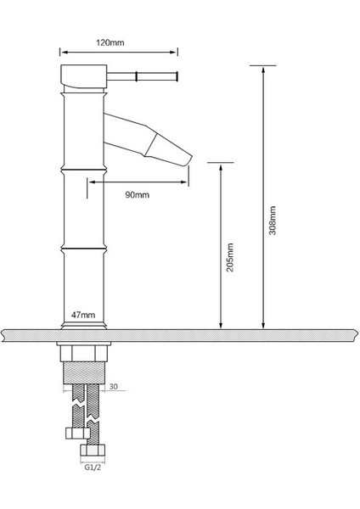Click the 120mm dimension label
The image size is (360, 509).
coord(110,42)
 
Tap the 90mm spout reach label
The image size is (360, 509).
coord(137,195)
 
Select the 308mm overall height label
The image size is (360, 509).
coord(273,220)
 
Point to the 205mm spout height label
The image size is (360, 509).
coord(230,258)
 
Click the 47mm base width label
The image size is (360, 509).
coord(83,315)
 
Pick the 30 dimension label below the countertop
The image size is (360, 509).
coord(114,386)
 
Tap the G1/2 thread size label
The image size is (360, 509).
coord(93,467)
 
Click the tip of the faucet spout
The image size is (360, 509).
coord(190,159)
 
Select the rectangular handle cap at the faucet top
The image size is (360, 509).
coord(84,76)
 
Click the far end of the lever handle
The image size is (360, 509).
coord(177,76)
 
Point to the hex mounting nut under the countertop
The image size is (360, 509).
coord(83,354)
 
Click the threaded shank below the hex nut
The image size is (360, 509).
coord(83,372)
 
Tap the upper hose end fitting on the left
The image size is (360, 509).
coord(77,433)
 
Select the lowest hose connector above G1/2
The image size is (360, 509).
coord(93,450)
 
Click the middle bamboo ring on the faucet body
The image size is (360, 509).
coord(83,170)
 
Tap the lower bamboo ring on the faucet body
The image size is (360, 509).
coord(83,249)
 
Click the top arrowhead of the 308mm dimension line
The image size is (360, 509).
coord(263,70)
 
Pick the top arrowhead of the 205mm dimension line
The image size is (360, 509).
coord(221,169)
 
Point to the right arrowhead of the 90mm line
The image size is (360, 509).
coord(184,182)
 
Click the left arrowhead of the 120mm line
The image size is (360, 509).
coord(65,52)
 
